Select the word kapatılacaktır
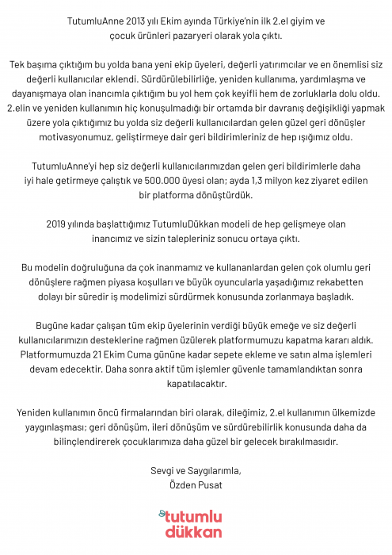pos(196,383)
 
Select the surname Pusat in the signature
pos(207,484)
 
